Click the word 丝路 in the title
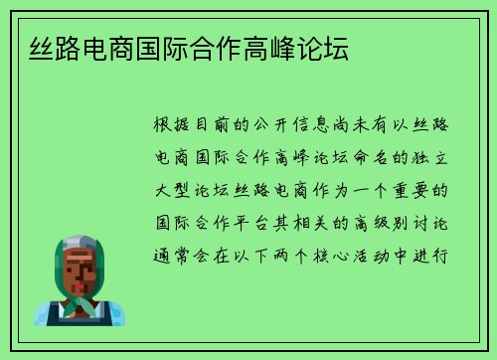tap(43, 48)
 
